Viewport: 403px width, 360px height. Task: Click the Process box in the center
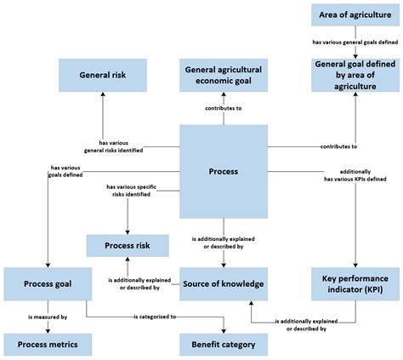pyautogui.click(x=224, y=171)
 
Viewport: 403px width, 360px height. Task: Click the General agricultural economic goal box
pyautogui.click(x=224, y=75)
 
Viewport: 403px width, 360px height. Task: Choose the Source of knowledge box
pyautogui.click(x=224, y=283)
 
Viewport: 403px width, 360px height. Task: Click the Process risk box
pyautogui.click(x=127, y=245)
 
